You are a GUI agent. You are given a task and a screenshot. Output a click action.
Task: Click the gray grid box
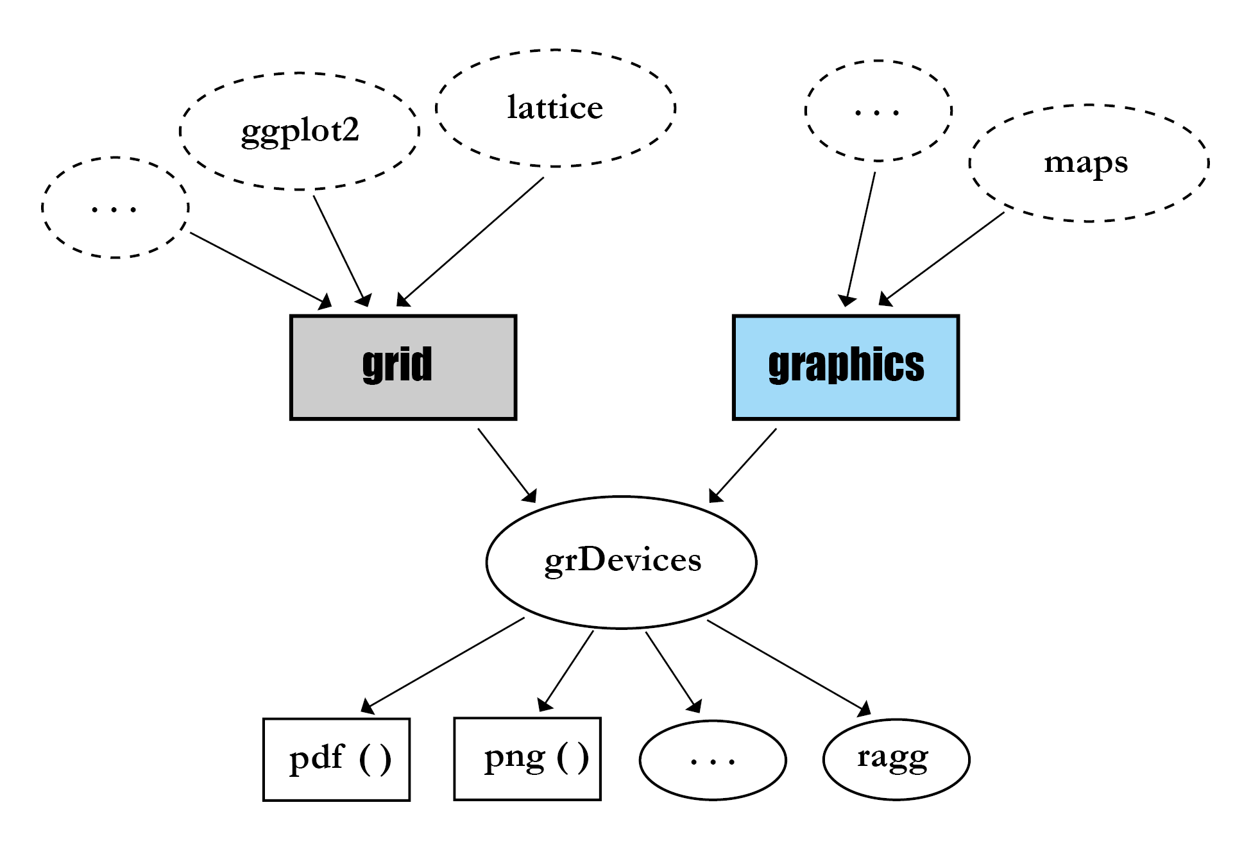(403, 367)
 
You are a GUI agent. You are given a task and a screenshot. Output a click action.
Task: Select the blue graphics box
(846, 367)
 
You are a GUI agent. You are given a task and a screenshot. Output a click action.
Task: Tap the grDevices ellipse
(621, 562)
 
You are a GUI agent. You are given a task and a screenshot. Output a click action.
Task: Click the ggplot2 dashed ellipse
(300, 131)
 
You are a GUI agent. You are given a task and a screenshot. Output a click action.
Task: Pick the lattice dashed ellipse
(556, 108)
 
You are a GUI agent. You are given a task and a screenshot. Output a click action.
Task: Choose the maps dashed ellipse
(1088, 163)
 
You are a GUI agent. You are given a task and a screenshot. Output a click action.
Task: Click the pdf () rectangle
(336, 760)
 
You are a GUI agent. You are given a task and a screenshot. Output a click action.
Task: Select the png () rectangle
(527, 759)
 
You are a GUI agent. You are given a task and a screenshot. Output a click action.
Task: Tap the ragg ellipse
(896, 760)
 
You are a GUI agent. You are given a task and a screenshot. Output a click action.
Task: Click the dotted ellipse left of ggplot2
(115, 207)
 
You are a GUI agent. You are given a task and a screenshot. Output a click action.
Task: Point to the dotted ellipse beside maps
(878, 110)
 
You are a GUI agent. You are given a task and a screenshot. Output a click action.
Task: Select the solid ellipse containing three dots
(713, 760)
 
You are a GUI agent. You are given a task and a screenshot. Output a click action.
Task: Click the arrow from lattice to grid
(472, 241)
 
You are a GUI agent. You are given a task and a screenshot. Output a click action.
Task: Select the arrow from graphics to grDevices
(743, 465)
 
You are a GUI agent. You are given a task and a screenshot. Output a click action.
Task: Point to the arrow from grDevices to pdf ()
(444, 665)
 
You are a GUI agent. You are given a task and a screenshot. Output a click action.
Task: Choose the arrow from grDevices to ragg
(788, 665)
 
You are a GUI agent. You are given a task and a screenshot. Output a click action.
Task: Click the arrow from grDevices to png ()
(566, 670)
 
